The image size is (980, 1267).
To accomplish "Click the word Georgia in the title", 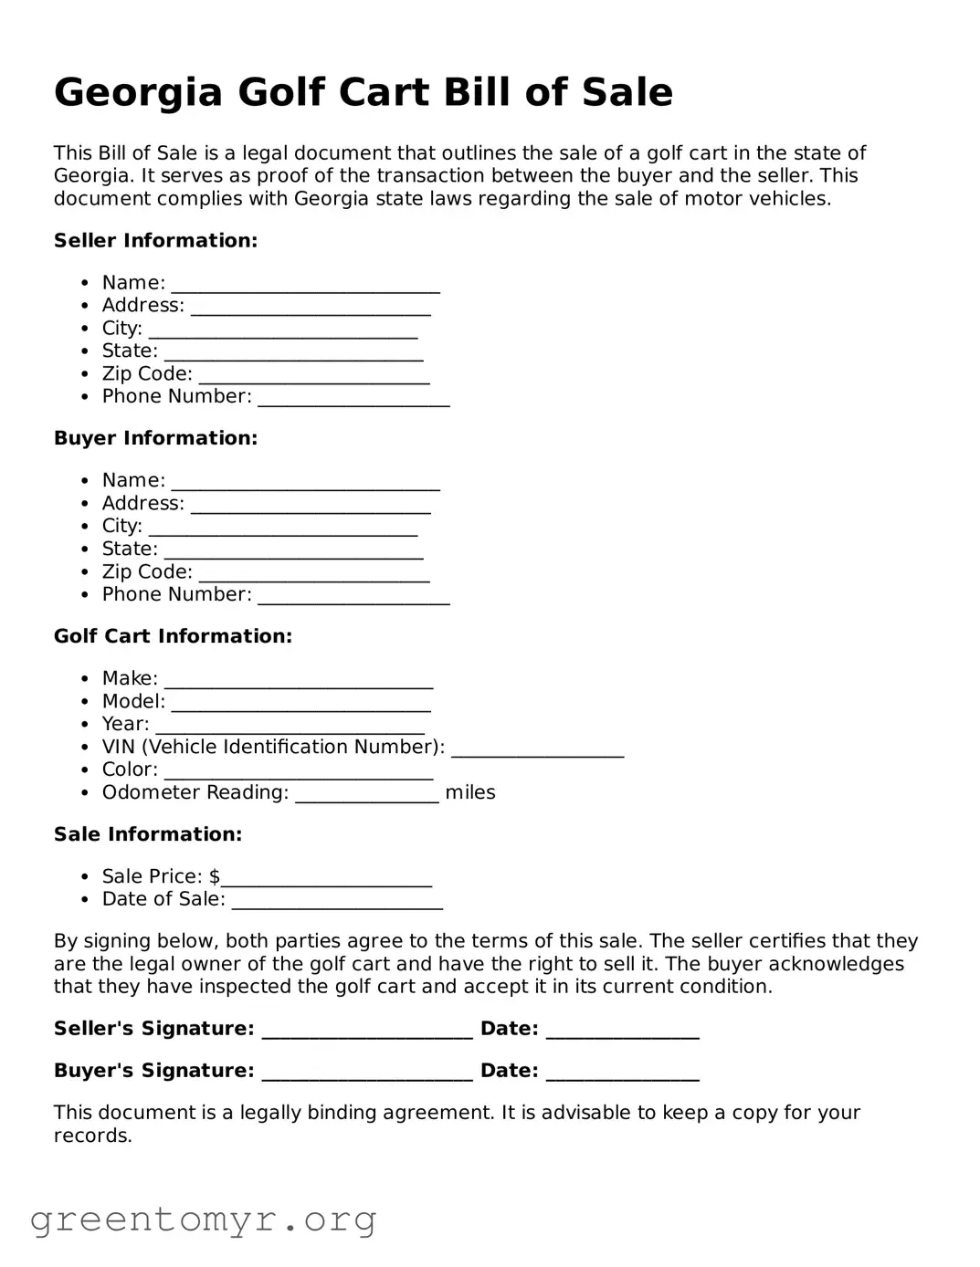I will pos(138,93).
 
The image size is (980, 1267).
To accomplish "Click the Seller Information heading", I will pos(155,241).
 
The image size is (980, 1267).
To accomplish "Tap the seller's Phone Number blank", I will pos(353,401).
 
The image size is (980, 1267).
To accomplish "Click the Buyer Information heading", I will pos(155,438).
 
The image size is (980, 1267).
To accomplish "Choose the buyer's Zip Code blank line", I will pos(313,576).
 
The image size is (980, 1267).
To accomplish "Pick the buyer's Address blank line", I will pos(311,508).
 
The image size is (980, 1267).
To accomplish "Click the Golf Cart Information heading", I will pos(173,636).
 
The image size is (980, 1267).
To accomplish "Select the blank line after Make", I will pos(298,683).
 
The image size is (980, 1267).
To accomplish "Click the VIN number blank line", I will pos(537,751).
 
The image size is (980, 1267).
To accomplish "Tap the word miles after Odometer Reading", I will pos(469,792).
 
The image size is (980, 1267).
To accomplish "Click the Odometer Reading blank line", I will pos(366,797).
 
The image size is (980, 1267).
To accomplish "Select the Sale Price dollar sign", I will pos(215,876).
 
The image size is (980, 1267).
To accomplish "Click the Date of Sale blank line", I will pos(336,904).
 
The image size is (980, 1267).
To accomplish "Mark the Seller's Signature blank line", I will pos(367,1033).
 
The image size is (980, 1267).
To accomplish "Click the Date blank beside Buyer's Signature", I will pos(622,1075).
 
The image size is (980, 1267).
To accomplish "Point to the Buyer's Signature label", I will pos(153,1071).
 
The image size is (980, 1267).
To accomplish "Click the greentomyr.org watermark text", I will pos(203,1220).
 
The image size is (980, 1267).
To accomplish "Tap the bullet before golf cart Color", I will pos(84,770).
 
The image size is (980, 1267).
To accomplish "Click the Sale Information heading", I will pos(148,834).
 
